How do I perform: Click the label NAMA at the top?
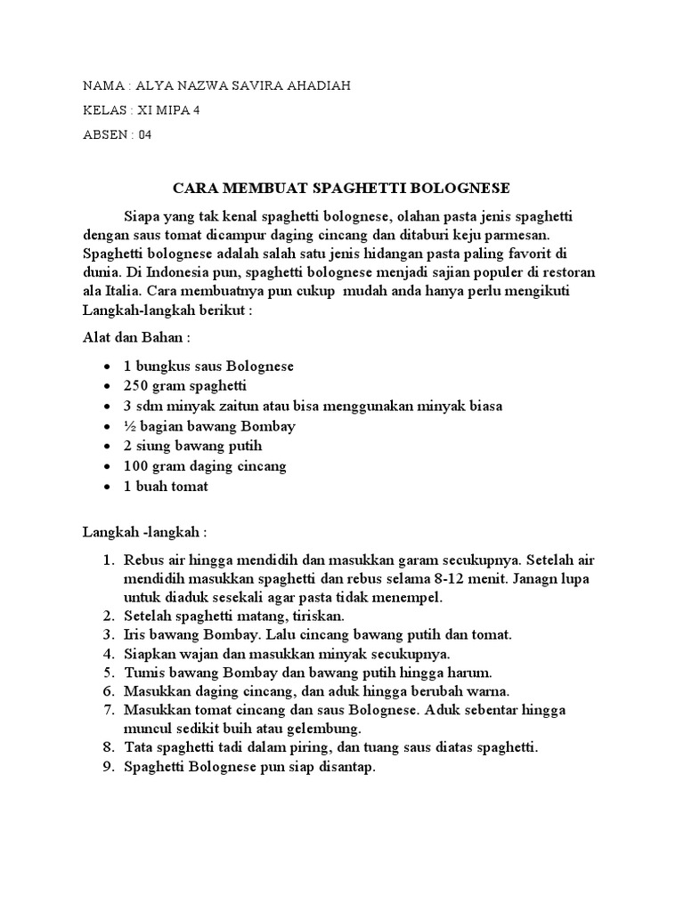[104, 85]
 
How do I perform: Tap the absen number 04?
[146, 135]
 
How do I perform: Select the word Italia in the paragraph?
[120, 291]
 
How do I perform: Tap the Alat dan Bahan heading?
[136, 338]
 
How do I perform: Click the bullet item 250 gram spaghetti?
[185, 386]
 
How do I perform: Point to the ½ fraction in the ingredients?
[130, 425]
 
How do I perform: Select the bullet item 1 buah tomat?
[166, 486]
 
